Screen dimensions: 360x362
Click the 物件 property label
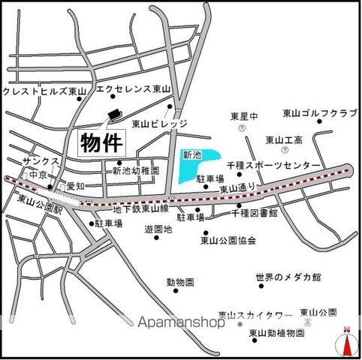(x=101, y=140)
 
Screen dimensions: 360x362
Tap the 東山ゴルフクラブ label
(x=319, y=113)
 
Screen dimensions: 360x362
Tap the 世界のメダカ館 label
(x=288, y=277)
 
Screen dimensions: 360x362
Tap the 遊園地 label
(x=158, y=229)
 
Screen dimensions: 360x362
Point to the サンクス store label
(x=38, y=160)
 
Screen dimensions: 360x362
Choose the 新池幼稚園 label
(x=136, y=171)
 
